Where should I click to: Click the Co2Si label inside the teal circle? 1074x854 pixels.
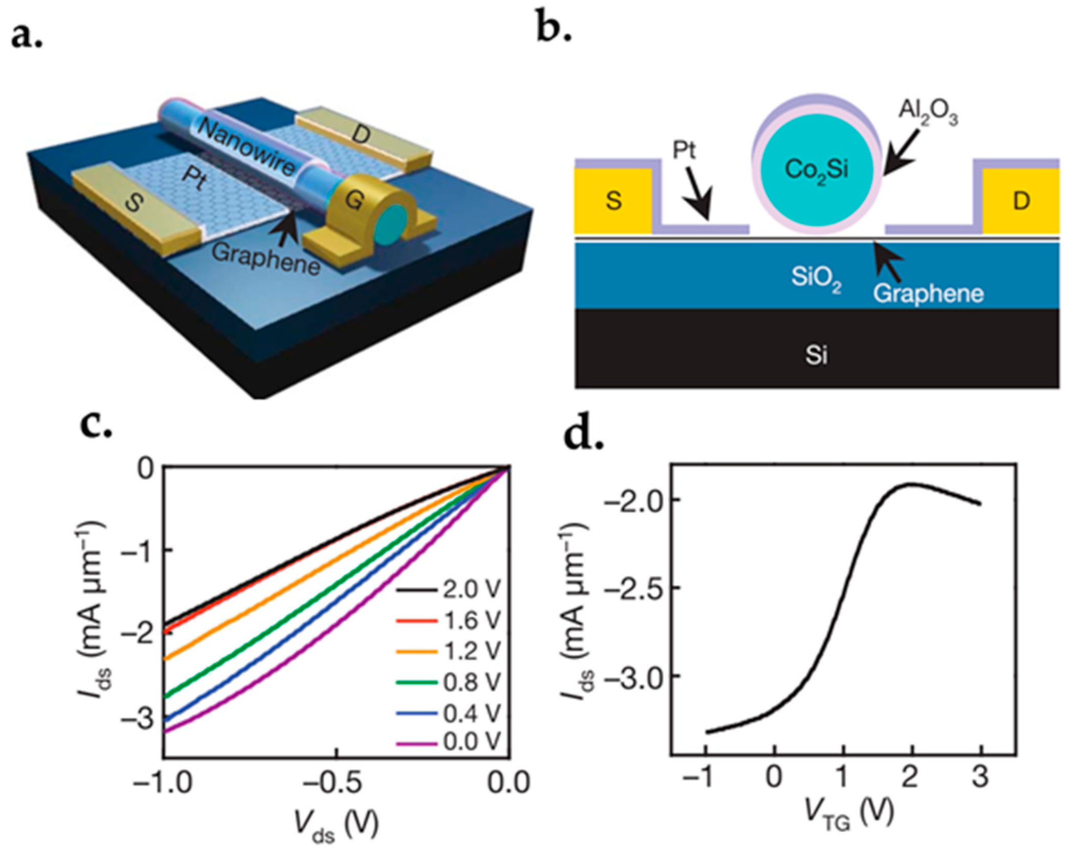[x=817, y=169]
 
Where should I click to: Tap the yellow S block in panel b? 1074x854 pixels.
[x=613, y=201]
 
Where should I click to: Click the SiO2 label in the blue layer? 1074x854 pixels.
[x=816, y=278]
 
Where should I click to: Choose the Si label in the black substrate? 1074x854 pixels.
[x=816, y=354]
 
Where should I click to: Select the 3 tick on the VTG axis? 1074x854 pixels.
[x=980, y=777]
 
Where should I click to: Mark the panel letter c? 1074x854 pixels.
[x=96, y=425]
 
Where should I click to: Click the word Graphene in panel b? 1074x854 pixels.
[x=928, y=293]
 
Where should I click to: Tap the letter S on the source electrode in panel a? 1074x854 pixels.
[x=134, y=204]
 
